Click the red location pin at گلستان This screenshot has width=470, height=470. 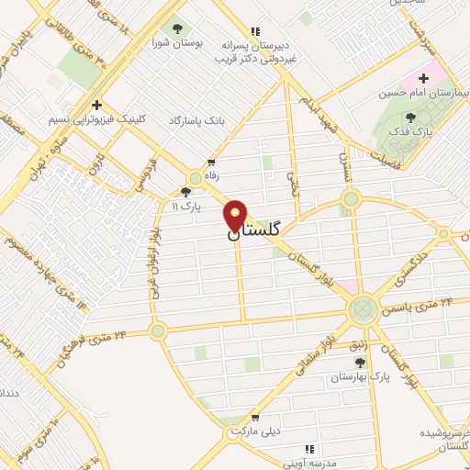coord(236,215)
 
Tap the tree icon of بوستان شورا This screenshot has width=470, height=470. coord(177,26)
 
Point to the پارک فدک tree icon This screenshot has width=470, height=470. coord(409,117)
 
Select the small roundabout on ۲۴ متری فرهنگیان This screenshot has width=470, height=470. coord(158,330)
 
